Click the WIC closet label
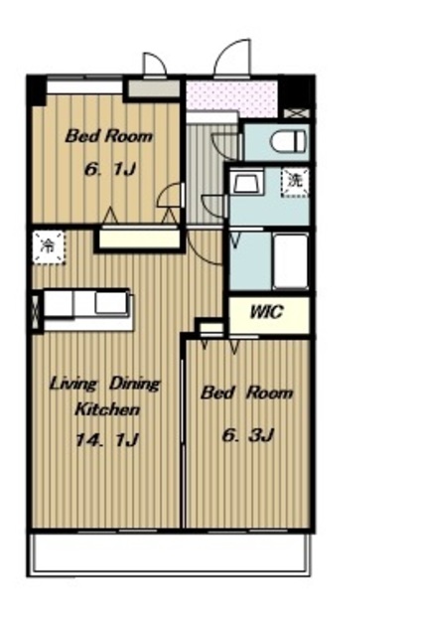tap(266, 312)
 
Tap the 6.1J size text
tap(109, 169)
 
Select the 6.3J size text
tap(248, 435)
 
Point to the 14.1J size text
tap(107, 439)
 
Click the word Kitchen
tap(107, 409)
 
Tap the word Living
tap(73, 385)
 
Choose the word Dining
tap(135, 385)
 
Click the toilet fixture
tap(288, 141)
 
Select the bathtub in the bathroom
tap(290, 260)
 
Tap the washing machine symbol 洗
tap(295, 181)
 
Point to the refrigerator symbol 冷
tap(49, 247)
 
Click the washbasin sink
tap(246, 181)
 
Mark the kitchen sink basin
tap(112, 303)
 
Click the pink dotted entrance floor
tap(232, 97)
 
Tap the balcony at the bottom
tap(171, 553)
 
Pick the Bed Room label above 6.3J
tap(246, 393)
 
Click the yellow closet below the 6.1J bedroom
tap(139, 238)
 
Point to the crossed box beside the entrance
tap(296, 113)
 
